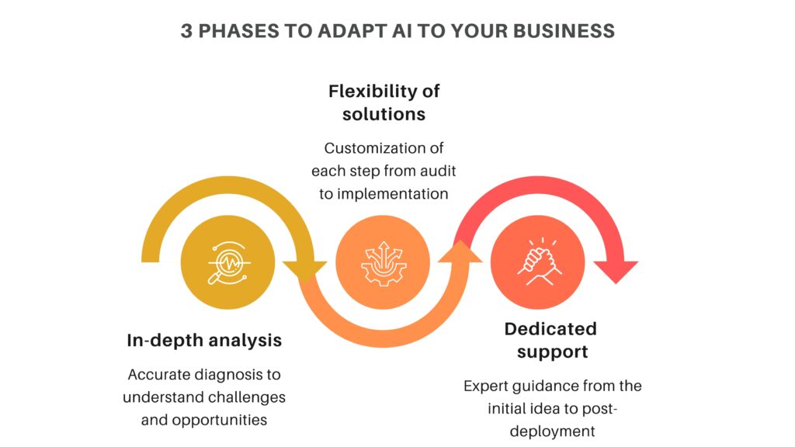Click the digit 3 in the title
(187, 31)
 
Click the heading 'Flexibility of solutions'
(384, 102)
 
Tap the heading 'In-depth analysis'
(204, 340)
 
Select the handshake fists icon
(540, 259)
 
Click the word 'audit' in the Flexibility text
(424, 171)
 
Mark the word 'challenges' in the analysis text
(245, 397)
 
